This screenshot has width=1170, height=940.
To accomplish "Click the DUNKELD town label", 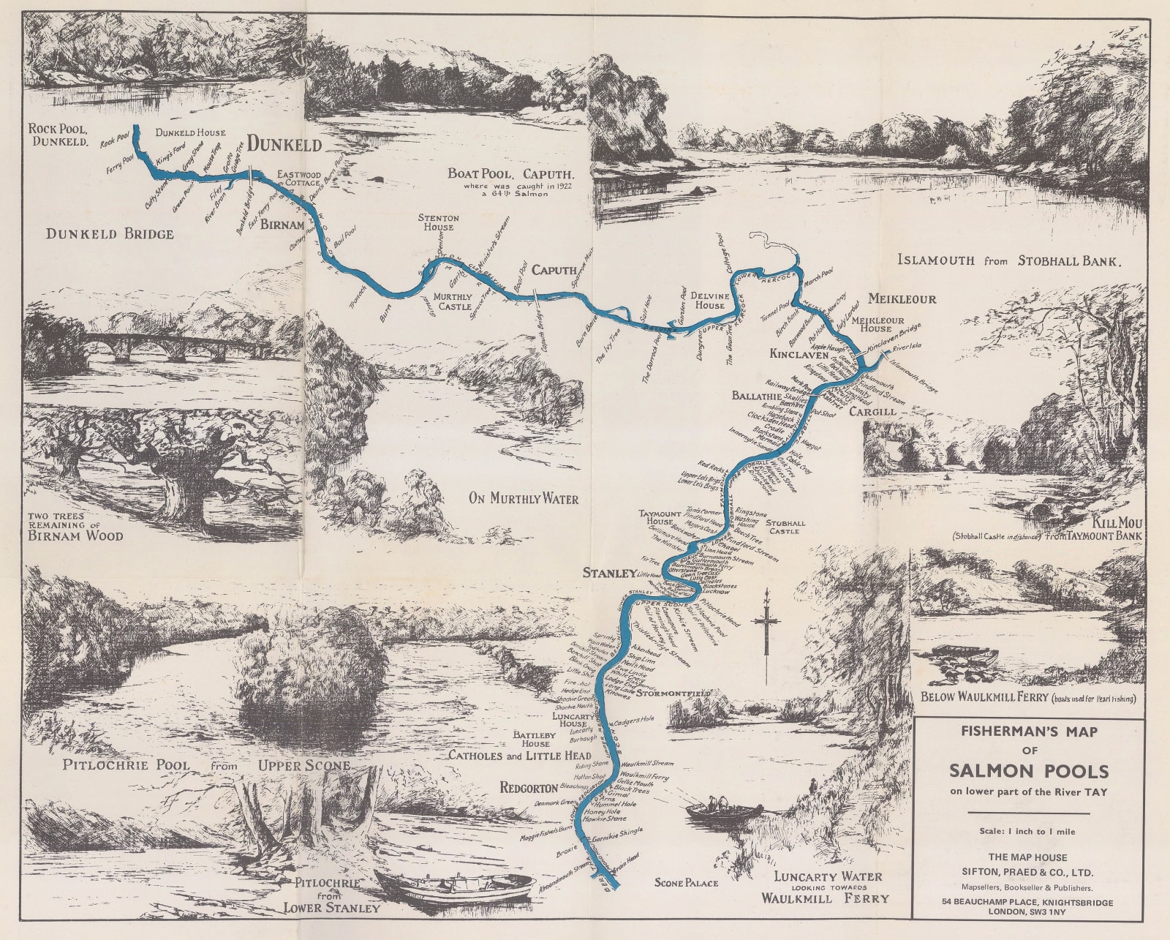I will (x=284, y=145).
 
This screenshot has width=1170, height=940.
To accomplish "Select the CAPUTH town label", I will (x=554, y=270).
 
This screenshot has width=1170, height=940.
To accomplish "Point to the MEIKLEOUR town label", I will (x=902, y=298).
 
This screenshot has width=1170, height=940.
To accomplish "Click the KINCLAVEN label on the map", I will (x=798, y=354).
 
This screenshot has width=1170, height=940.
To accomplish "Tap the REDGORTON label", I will (x=529, y=788).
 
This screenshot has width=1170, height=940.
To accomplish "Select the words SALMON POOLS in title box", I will (x=1029, y=771).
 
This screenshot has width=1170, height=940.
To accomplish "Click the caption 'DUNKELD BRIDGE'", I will (x=110, y=234).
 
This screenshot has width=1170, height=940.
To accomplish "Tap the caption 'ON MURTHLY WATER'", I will (x=524, y=499).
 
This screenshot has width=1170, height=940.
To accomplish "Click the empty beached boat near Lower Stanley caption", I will (x=455, y=887).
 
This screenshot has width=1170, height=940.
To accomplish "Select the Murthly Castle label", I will (x=453, y=301).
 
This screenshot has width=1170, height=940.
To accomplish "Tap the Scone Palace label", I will (x=686, y=883).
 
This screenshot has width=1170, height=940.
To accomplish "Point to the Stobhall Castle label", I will (x=786, y=527).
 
